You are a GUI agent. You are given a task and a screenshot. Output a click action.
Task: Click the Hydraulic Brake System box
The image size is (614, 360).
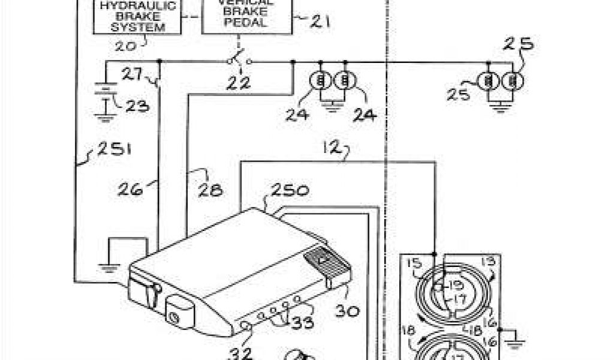pos(137,17)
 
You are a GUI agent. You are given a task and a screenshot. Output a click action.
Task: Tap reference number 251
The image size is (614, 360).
pos(112,148)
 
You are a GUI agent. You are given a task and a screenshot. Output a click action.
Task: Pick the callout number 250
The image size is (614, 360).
pos(290,191)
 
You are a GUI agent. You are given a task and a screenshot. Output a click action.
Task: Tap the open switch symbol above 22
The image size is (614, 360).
pos(239,61)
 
